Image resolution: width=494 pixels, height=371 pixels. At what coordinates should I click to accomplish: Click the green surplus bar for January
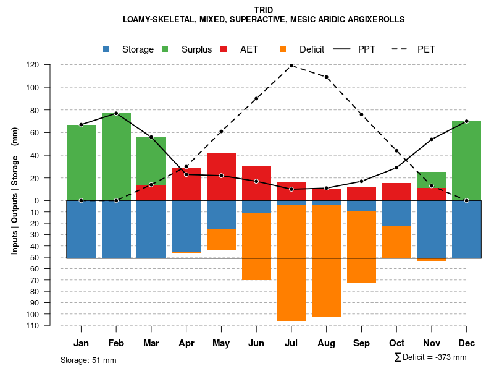tap(81, 162)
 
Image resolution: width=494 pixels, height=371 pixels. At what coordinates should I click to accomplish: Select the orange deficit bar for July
tap(291, 263)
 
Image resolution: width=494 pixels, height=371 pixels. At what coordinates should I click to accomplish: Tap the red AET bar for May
tap(221, 176)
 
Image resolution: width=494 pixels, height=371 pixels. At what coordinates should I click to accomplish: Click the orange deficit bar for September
tap(361, 247)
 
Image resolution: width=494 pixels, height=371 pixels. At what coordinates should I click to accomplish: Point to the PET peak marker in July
tap(291, 66)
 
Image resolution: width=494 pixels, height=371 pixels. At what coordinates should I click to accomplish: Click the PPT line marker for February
tap(116, 113)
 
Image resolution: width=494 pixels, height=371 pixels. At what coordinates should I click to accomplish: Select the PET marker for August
tap(327, 77)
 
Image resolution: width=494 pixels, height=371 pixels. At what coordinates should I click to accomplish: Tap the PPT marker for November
tap(432, 139)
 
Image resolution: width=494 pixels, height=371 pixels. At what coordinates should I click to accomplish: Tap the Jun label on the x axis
tap(256, 343)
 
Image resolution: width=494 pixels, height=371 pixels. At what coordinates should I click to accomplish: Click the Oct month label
tap(396, 343)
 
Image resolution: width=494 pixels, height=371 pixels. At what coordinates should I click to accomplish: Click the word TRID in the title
tap(264, 10)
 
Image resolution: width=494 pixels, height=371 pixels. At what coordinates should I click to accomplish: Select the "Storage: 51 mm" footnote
tap(88, 360)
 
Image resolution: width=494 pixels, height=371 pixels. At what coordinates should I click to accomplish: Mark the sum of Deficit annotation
tap(430, 357)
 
